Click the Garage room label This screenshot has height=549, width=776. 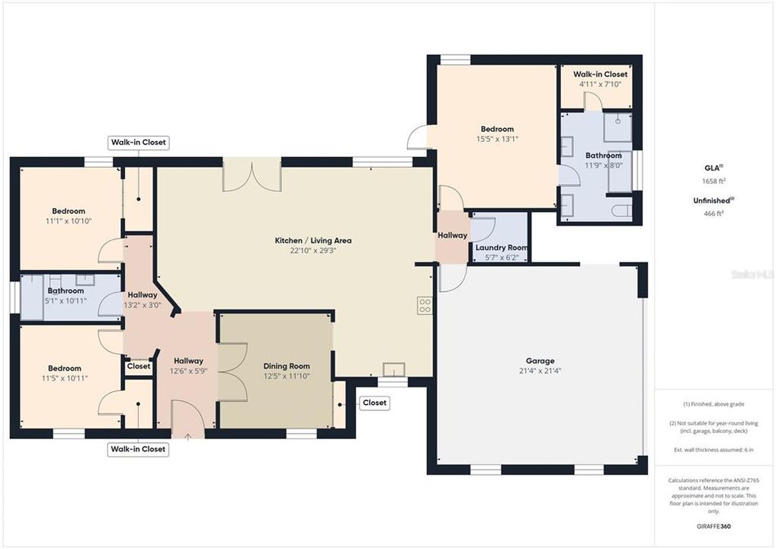point(540,361)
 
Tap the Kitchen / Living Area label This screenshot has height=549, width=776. point(313,240)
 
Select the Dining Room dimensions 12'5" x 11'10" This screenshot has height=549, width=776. point(286,376)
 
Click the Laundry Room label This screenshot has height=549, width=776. point(501,248)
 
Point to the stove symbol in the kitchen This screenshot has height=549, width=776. point(425,306)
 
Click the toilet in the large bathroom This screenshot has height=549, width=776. point(619,210)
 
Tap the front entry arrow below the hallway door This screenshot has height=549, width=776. point(188,436)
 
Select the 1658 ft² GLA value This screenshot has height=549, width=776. point(714,181)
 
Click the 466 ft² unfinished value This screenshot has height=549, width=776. point(714,214)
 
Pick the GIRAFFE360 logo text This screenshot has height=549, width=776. point(714,526)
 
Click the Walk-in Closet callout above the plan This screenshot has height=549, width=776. point(138,143)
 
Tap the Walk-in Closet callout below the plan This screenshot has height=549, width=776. point(138,449)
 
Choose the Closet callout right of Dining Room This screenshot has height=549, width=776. point(374,403)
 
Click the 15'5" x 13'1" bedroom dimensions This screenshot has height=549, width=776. point(496,140)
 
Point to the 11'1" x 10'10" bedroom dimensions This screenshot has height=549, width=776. point(68,221)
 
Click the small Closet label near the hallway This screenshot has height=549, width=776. point(139,367)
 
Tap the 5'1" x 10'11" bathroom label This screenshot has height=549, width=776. point(66,300)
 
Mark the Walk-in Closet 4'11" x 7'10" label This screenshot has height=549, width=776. point(600,84)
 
